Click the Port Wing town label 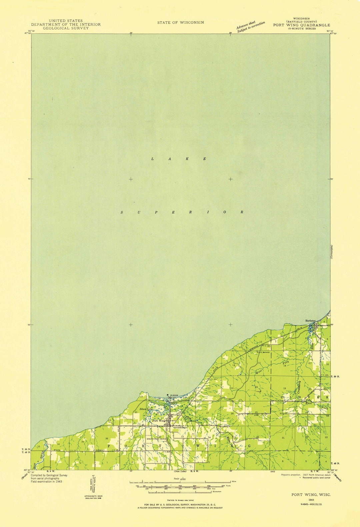(x=159, y=421)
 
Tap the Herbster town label (x=310, y=321)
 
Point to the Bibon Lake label (x=145, y=409)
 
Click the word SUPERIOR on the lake (x=182, y=212)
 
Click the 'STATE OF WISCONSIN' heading (x=180, y=22)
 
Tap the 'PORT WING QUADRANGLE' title (x=302, y=25)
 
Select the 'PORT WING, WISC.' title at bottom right (x=311, y=494)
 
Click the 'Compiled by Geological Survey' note (x=49, y=475)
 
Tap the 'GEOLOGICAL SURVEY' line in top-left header (x=66, y=28)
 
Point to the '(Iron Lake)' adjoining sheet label (x=181, y=471)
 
